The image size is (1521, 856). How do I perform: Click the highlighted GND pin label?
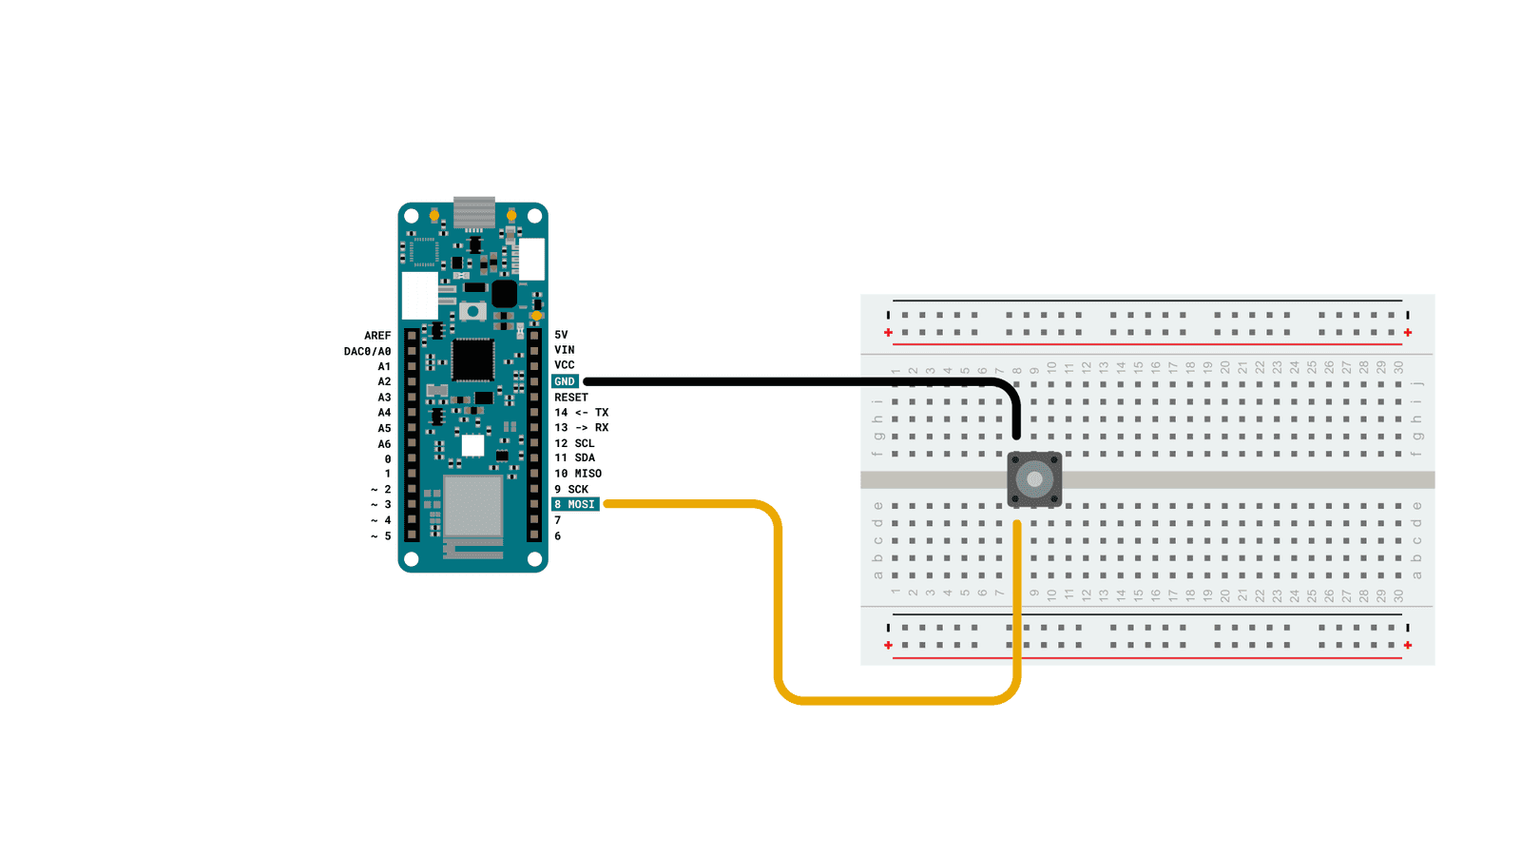pos(565,381)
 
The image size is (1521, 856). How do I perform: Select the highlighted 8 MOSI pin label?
pos(575,504)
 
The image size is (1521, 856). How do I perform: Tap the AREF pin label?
pos(377,336)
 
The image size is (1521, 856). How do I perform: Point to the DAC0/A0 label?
pos(367,351)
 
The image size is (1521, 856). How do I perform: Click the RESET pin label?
pos(571,398)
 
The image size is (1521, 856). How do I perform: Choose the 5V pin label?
pos(561,335)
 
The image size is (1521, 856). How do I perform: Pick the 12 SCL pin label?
pos(574,443)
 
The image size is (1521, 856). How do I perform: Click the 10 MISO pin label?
pos(578,474)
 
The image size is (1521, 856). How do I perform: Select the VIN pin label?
pos(565,350)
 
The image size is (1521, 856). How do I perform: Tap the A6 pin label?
pos(384,444)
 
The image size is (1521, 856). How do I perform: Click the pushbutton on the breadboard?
pos(1034,479)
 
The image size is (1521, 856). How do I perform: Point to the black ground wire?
pos(789,381)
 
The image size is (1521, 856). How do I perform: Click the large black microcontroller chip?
pos(472,360)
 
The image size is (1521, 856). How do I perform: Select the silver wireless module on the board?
pos(472,506)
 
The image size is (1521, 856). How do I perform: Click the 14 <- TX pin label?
pos(581,413)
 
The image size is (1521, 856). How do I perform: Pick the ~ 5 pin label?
pos(381,536)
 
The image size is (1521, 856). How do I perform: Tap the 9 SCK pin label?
pos(571,489)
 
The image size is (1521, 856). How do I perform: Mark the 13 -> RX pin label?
pos(581,428)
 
